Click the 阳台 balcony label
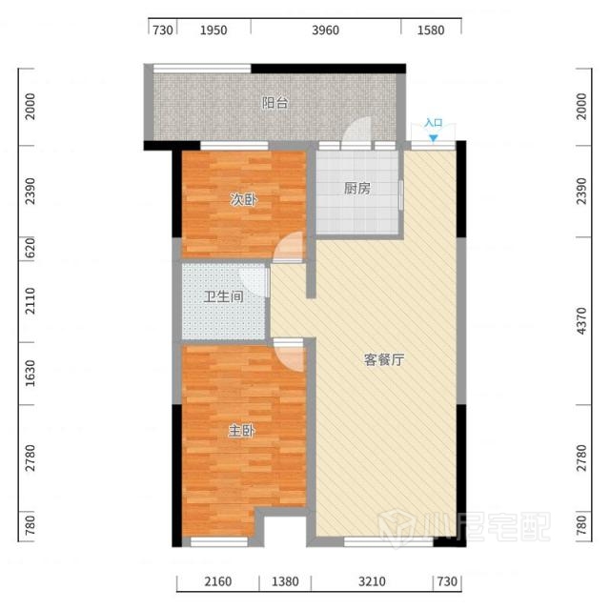[275, 103]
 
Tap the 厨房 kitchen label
[357, 189]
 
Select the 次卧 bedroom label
[244, 200]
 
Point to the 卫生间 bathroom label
[224, 296]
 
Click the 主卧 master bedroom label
[241, 431]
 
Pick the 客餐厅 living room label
[384, 360]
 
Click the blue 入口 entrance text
[434, 123]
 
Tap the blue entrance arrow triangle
[434, 138]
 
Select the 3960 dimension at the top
[326, 30]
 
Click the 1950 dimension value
[213, 30]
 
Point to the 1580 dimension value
[431, 30]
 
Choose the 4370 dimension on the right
[581, 320]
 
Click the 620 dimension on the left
[30, 248]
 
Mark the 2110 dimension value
[30, 301]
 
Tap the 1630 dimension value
[30, 374]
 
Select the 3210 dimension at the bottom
[373, 581]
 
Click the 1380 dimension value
[285, 581]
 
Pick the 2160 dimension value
[218, 581]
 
